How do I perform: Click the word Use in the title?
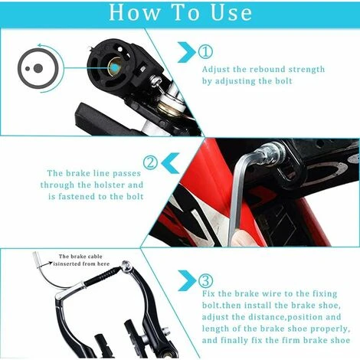(x=231, y=13)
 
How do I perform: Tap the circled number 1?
(x=205, y=52)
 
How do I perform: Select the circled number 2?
(x=150, y=162)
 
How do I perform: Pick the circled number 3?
(x=205, y=281)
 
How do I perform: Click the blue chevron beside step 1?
(x=186, y=52)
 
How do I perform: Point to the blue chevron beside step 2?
(x=170, y=163)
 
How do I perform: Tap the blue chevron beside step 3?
(x=187, y=280)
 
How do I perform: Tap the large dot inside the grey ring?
(x=38, y=68)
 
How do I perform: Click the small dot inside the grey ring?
(x=28, y=69)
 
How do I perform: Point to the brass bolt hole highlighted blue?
(x=115, y=67)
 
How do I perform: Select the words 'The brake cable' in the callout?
(x=80, y=257)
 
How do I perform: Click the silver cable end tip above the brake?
(x=36, y=260)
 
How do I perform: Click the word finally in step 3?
(x=234, y=340)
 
